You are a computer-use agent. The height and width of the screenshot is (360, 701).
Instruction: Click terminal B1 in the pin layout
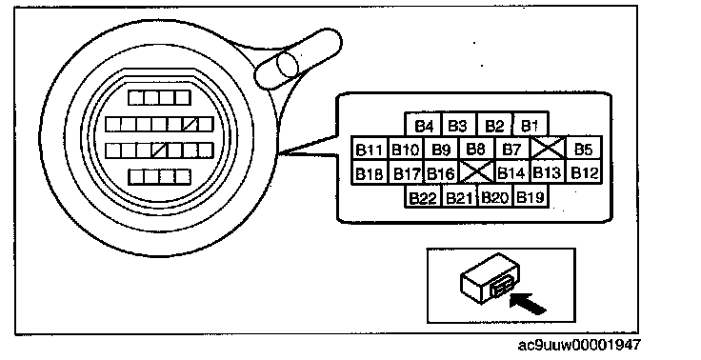pyautogui.click(x=531, y=125)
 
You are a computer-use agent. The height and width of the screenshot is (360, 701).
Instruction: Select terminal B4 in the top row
pyautogui.click(x=423, y=125)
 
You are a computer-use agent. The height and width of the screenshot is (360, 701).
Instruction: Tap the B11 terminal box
pyautogui.click(x=370, y=149)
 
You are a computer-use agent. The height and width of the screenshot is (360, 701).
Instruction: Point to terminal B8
pyautogui.click(x=476, y=149)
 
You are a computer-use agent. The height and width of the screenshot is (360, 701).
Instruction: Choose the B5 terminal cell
pyautogui.click(x=584, y=149)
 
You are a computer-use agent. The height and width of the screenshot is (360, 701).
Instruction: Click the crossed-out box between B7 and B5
pyautogui.click(x=549, y=149)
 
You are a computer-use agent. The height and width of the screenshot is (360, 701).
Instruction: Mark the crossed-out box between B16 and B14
pyautogui.click(x=477, y=171)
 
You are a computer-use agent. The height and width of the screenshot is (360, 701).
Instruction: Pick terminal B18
pyautogui.click(x=370, y=171)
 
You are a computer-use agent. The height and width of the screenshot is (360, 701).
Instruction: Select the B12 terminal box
pyautogui.click(x=584, y=171)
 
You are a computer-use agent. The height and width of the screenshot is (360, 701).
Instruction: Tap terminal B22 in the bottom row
pyautogui.click(x=423, y=196)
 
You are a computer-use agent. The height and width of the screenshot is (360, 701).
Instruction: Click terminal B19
pyautogui.click(x=531, y=196)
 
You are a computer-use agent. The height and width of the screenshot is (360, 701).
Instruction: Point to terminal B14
pyautogui.click(x=512, y=171)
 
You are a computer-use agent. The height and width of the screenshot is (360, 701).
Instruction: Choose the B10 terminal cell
pyautogui.click(x=406, y=149)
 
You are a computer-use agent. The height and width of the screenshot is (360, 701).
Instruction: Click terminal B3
pyautogui.click(x=459, y=125)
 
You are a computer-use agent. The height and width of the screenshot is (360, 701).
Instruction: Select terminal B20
pyautogui.click(x=495, y=196)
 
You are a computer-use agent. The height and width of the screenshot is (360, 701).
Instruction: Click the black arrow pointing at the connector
pyautogui.click(x=528, y=303)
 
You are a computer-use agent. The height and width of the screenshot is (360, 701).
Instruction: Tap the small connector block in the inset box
pyautogui.click(x=490, y=278)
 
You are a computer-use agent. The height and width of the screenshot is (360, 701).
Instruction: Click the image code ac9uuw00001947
pyautogui.click(x=579, y=346)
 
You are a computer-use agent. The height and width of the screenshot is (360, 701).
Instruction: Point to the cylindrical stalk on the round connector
pyautogui.click(x=299, y=59)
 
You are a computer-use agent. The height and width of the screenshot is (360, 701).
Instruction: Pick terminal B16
pyautogui.click(x=441, y=171)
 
